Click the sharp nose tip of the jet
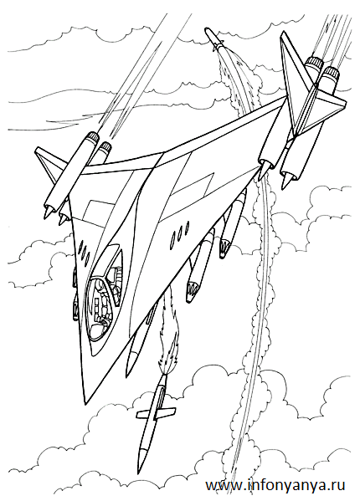[85, 404]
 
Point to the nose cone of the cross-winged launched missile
[143, 460]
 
